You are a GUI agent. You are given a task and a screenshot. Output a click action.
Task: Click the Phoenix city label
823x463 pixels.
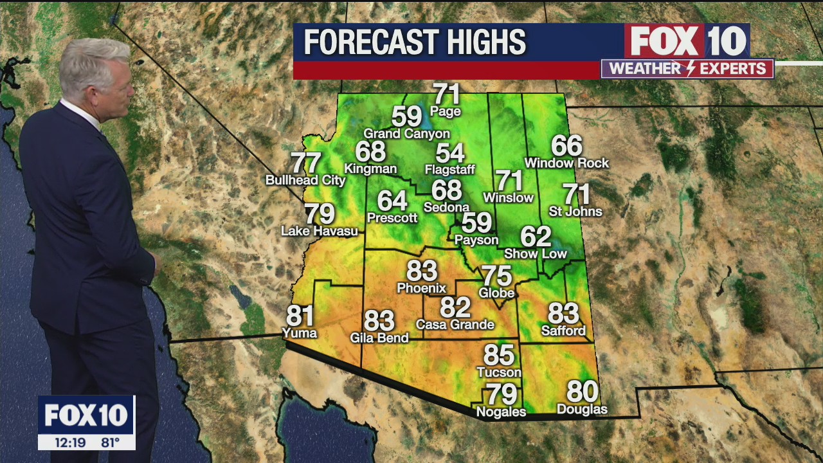[421, 288]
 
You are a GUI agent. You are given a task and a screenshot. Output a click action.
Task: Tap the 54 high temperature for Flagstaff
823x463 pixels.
[449, 153]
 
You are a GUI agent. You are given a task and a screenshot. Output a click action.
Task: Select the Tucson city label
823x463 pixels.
[499, 372]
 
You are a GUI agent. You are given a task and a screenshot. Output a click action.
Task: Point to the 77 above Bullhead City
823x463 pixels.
[306, 163]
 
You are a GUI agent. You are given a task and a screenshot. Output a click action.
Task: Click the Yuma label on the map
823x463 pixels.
[300, 333]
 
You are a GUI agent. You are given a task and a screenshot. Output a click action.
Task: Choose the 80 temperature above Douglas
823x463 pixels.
[582, 392]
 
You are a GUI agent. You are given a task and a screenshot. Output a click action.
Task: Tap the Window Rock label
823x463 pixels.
[566, 163]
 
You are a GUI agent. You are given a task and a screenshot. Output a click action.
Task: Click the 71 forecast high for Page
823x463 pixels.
[447, 94]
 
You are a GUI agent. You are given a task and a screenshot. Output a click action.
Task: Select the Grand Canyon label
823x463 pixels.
[407, 134]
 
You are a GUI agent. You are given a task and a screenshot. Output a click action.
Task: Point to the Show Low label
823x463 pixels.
[536, 254]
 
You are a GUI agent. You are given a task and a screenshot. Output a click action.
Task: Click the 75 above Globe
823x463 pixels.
[497, 276]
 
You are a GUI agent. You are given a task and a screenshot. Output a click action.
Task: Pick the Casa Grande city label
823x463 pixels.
[455, 325]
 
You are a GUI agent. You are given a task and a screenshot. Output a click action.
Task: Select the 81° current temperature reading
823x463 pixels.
[110, 442]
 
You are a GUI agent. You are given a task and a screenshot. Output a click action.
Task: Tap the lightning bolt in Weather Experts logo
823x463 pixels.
[687, 69]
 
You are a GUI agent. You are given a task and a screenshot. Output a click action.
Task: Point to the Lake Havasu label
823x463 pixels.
[320, 231]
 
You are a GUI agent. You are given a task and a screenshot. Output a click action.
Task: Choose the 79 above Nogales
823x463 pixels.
[501, 394]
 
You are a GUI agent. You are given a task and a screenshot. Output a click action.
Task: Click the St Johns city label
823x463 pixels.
[575, 212]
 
